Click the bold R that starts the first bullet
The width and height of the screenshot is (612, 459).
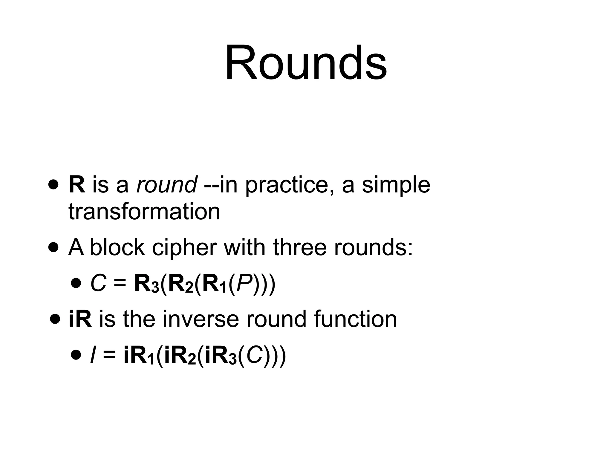(x=77, y=185)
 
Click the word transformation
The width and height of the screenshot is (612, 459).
(x=144, y=212)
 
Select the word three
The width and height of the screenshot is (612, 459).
(x=299, y=247)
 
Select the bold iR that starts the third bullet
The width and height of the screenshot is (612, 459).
(x=80, y=319)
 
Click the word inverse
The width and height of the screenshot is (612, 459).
(x=201, y=319)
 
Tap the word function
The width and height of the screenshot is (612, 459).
(x=355, y=319)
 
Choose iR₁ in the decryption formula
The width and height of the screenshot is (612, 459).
(x=139, y=356)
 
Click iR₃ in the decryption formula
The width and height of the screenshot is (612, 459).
(x=221, y=356)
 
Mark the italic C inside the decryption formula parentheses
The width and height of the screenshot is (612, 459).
(x=255, y=355)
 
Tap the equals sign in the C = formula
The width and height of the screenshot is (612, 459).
(x=120, y=284)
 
